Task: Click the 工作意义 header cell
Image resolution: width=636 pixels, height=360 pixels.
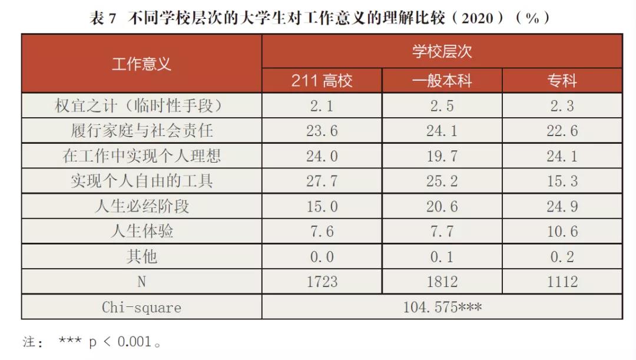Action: pos(141,64)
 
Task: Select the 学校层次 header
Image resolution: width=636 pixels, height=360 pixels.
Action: pos(442,51)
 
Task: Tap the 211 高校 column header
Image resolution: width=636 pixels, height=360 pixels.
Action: pos(322,81)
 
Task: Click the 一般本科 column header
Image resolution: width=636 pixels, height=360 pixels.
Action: pos(442,81)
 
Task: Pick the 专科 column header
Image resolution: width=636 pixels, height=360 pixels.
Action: pos(562,81)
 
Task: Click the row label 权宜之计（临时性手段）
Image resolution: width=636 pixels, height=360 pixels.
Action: pos(141,106)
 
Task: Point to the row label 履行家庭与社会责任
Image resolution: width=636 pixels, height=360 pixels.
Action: pos(141,131)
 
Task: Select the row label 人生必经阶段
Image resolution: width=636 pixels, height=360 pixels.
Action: pos(141,206)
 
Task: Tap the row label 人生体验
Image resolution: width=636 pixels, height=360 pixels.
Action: pos(141,232)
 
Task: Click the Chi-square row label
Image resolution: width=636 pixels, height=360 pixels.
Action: pos(141,307)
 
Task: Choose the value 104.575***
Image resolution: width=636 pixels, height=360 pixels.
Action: pos(442,307)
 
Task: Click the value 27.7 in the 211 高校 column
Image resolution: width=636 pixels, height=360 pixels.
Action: pos(322,181)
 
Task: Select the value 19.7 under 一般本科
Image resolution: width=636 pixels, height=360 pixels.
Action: pos(442,156)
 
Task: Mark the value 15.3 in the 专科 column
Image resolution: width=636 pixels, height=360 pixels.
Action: pos(562,181)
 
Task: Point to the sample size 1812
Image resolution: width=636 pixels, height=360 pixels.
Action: pos(442,282)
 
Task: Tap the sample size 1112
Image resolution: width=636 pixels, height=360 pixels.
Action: pos(562,282)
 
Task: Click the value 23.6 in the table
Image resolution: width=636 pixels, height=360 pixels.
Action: pos(322,131)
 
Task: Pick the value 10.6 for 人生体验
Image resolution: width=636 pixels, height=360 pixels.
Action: pos(562,232)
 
